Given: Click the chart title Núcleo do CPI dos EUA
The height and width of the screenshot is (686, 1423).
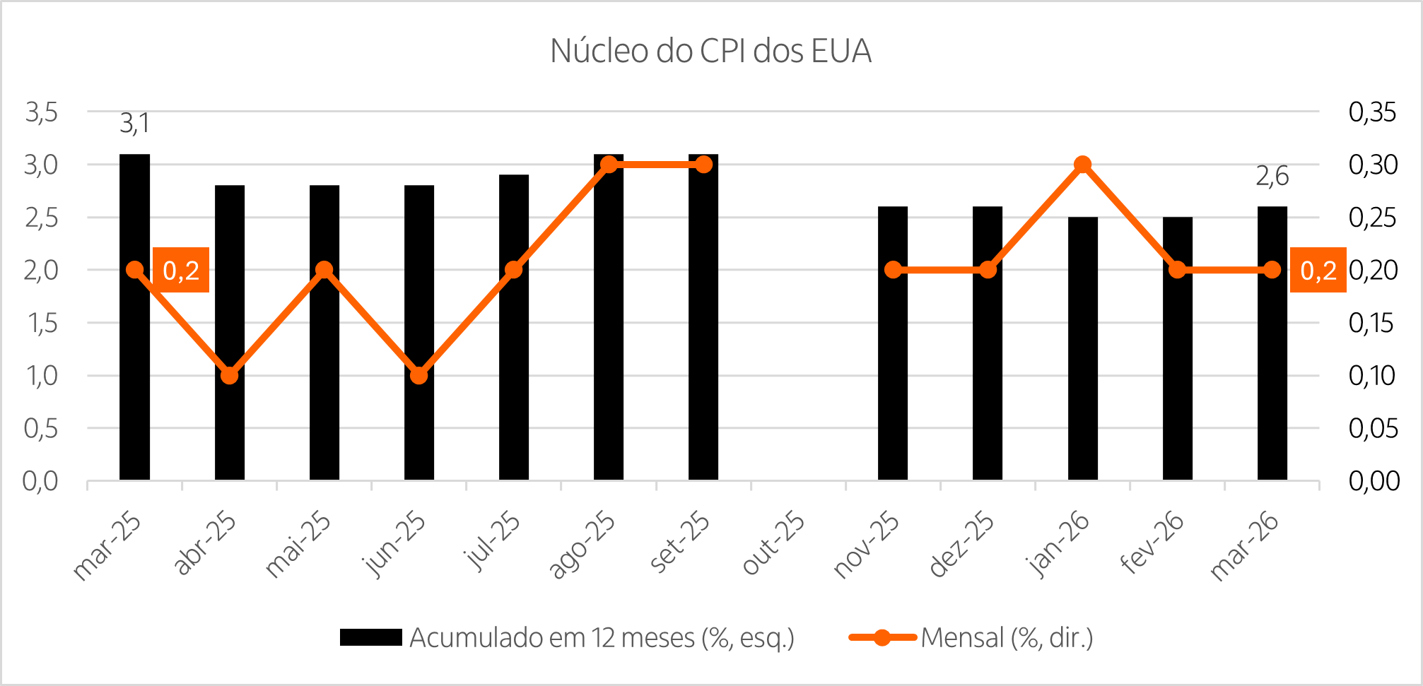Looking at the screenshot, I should pos(710,52).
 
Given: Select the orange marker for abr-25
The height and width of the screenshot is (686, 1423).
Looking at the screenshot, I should pos(229,375).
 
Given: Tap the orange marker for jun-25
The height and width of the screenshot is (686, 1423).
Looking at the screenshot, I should pos(418,375).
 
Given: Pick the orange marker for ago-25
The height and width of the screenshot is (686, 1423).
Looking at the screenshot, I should pos(609,165).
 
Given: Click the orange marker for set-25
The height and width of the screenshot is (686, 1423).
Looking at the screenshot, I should pos(703,165).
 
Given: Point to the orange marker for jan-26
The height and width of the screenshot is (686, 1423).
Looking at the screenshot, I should pos(1082,165).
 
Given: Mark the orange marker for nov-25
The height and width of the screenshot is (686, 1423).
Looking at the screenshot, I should pos(893,270).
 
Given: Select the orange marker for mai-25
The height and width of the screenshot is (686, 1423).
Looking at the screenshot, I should pos(324,270).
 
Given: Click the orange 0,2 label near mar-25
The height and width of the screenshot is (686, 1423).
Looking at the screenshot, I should pos(181,270).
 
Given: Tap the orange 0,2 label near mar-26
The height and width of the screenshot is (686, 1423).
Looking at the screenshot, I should pos(1318,270).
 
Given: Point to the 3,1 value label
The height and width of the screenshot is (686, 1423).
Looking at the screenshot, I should pos(134,124).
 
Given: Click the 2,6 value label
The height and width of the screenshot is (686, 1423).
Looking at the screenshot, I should pos(1272,176).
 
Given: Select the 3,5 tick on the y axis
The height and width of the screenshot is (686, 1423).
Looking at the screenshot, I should pos(41,112).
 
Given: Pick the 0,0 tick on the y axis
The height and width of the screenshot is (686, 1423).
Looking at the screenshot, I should pos(40,481).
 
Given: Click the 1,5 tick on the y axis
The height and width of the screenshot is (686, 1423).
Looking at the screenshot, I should pos(41,323).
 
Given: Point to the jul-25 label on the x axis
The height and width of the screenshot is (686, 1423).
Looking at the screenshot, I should pos(493,541).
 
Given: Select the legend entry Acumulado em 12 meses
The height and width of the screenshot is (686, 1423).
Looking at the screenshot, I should pos(602,638).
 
